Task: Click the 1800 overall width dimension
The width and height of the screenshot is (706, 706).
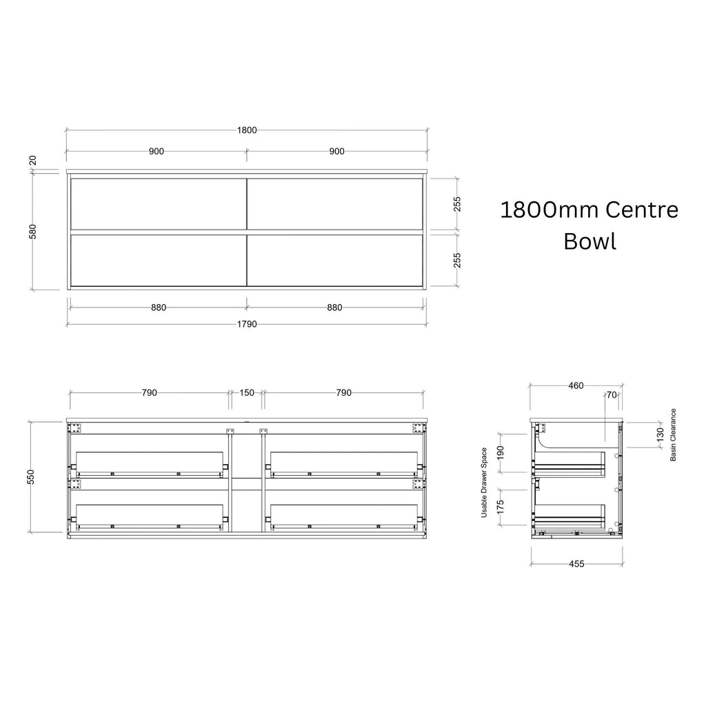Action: [x=247, y=130]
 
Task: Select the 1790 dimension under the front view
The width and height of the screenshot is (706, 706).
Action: [x=247, y=324]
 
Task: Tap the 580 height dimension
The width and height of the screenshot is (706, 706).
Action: [x=33, y=232]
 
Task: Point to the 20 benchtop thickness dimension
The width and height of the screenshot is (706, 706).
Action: [x=33, y=161]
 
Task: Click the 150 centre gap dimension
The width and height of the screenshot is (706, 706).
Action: [x=247, y=392]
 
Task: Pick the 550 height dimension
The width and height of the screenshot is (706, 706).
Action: [x=31, y=477]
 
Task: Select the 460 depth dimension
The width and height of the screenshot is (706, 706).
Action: [x=576, y=385]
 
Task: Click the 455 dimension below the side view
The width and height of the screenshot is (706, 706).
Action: [x=576, y=564]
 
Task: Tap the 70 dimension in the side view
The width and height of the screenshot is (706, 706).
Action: [x=612, y=395]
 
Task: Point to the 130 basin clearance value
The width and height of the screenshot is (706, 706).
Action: [x=660, y=435]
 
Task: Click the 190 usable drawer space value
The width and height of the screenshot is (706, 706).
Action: [x=501, y=453]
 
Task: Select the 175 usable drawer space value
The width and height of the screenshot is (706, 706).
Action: [x=501, y=507]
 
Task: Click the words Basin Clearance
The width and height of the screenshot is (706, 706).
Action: [x=673, y=435]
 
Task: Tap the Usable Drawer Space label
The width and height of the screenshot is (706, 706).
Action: [x=484, y=482]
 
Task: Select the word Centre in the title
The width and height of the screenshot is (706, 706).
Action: [x=642, y=210]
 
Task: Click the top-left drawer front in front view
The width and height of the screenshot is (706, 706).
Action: [x=159, y=204]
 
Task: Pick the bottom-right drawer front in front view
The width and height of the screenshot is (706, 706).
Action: [x=335, y=260]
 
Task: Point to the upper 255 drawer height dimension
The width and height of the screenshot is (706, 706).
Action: [x=457, y=204]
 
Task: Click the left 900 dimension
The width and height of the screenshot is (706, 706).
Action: [x=157, y=151]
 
